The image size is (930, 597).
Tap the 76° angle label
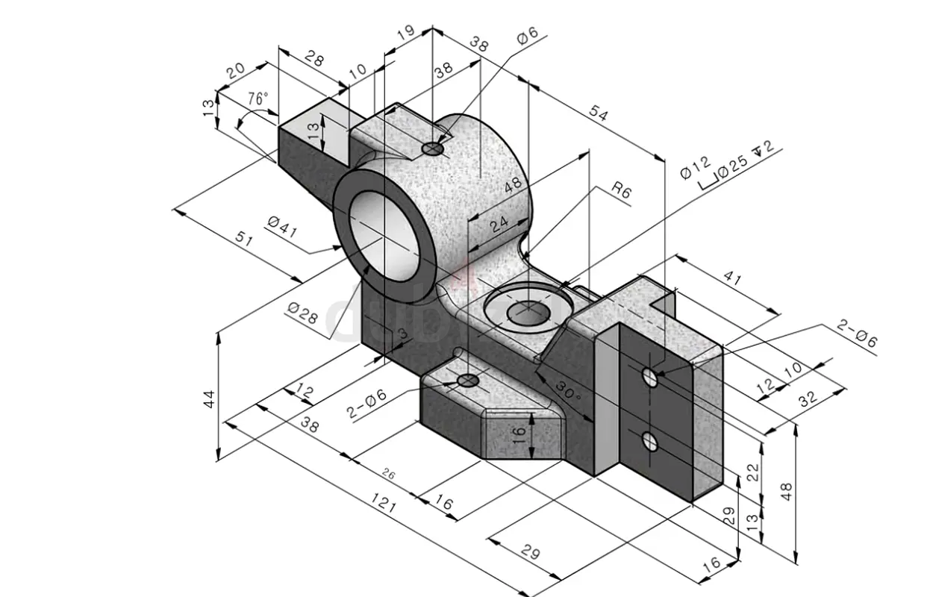point(258,99)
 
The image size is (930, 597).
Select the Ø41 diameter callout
point(282,226)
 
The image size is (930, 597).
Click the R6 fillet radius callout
point(621,191)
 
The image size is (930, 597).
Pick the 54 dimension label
point(598,114)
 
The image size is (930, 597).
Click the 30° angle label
point(567,392)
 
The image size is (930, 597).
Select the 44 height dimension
point(210,399)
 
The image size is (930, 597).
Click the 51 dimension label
point(243,241)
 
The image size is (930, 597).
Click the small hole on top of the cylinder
point(433,150)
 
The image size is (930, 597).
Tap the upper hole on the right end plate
point(650,375)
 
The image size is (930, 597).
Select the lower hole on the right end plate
point(650,441)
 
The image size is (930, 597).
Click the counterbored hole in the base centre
point(528,310)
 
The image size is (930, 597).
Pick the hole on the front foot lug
point(468,381)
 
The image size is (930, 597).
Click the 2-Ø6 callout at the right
point(857,334)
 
